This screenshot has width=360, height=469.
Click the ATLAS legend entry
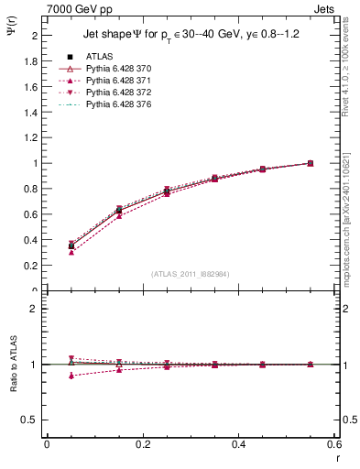pos(98,56)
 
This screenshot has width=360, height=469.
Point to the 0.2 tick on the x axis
pos(142,444)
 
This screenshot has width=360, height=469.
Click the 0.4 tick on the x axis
pos(238,444)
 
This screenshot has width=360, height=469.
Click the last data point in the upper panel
pos(310,163)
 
